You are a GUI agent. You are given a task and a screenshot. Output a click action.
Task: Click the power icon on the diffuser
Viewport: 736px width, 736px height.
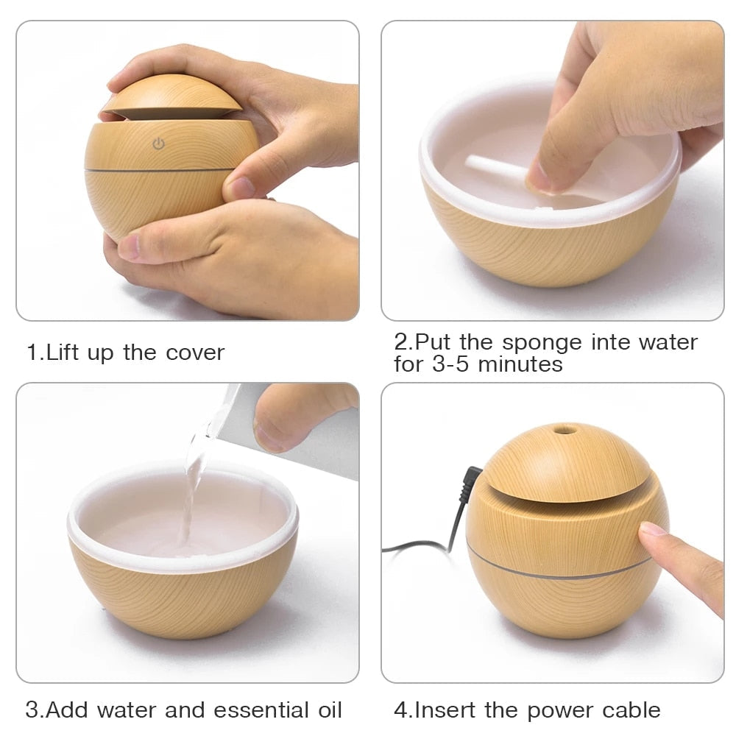(158, 144)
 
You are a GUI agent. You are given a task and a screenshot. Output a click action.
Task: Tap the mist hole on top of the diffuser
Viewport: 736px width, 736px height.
(565, 428)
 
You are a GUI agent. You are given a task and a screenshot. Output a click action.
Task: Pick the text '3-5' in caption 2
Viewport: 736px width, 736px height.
(450, 364)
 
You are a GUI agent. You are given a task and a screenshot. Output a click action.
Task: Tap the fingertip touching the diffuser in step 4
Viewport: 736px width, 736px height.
(652, 531)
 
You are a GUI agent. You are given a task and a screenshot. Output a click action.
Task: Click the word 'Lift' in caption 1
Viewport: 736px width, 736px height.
(63, 353)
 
